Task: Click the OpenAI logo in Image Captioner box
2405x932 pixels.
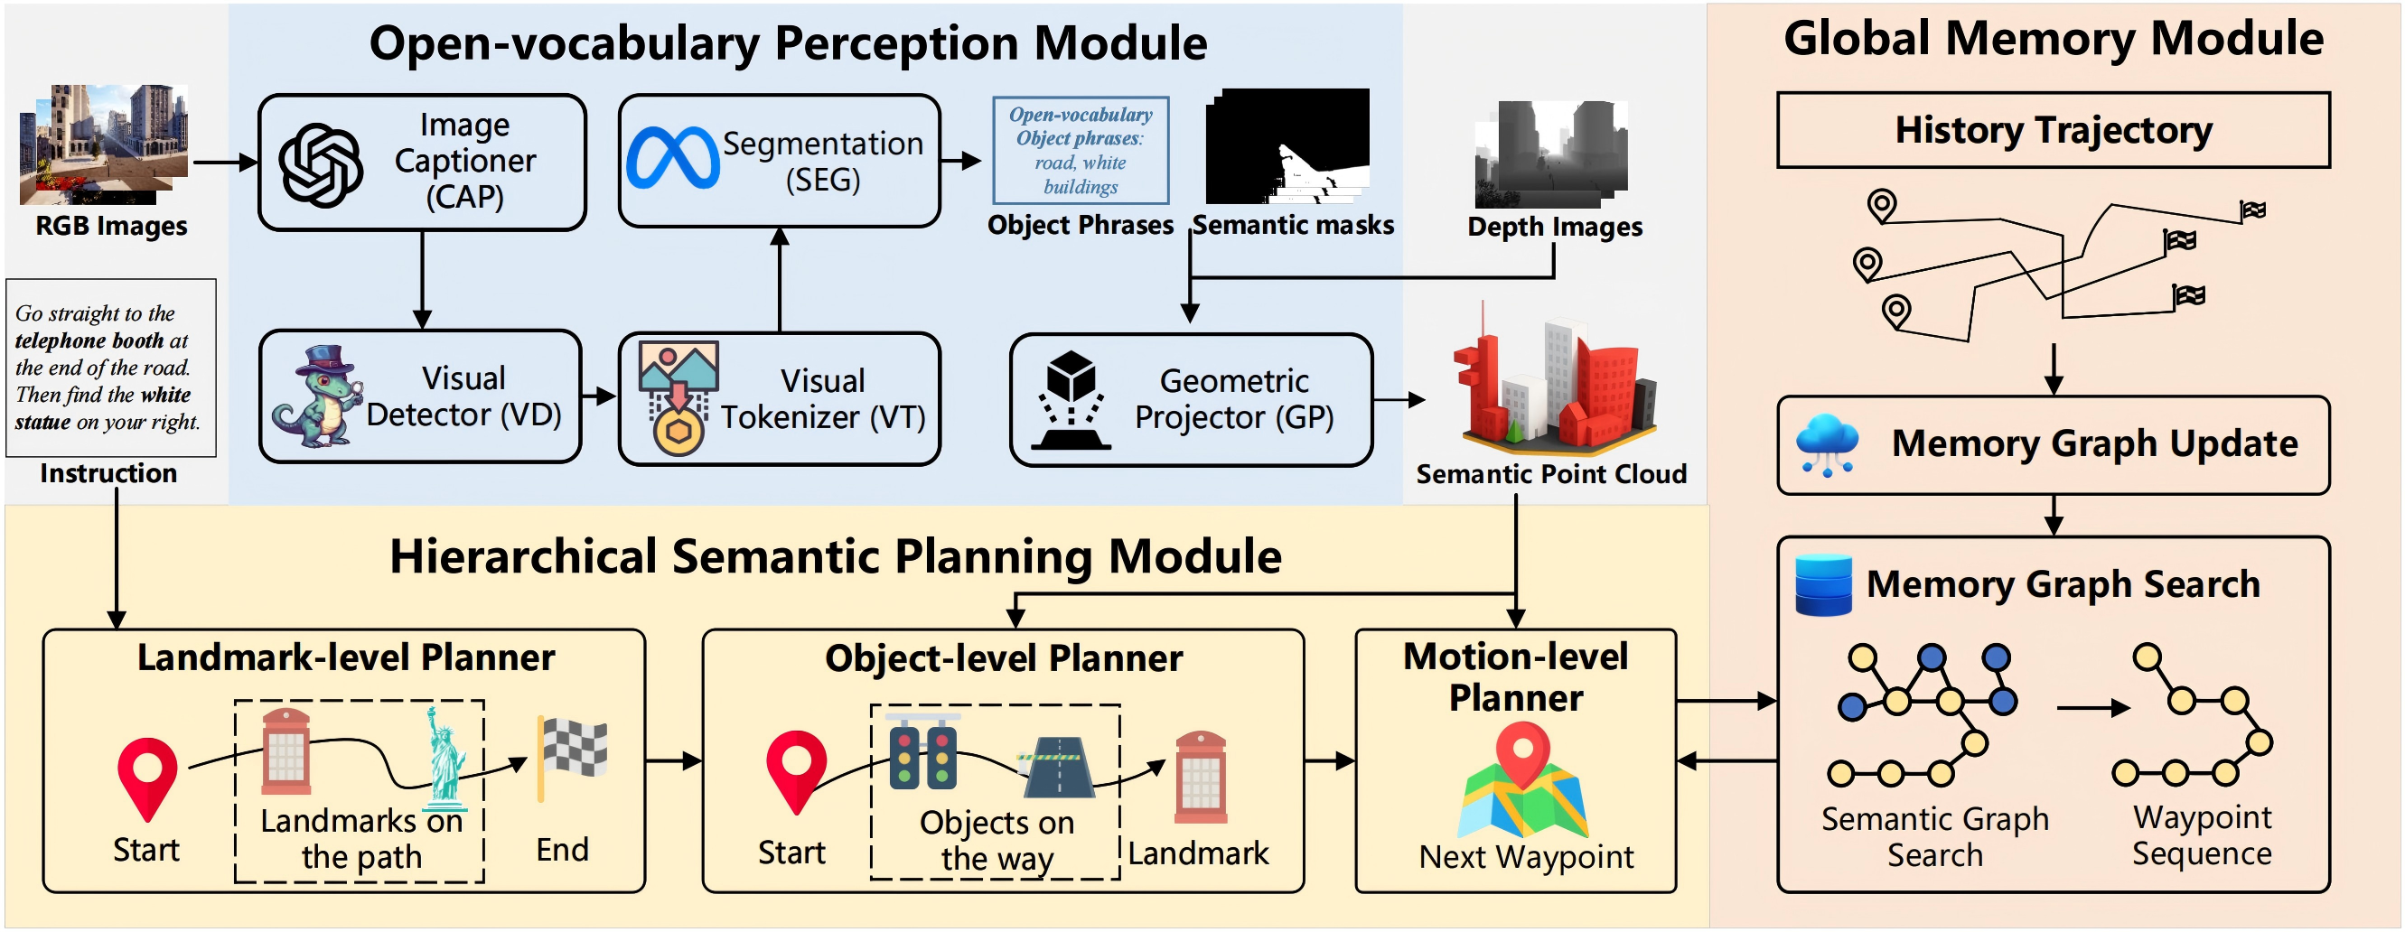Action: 320,165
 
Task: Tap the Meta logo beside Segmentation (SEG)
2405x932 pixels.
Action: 672,158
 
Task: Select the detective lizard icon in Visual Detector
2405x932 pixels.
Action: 317,396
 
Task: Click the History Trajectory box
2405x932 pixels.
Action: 2052,130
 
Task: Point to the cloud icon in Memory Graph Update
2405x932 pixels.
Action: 1826,444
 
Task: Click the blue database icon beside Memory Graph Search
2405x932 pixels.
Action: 1822,585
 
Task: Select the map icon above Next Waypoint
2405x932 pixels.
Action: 1522,784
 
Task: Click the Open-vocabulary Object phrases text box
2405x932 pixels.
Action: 1081,150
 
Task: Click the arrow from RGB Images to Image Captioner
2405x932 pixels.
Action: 224,163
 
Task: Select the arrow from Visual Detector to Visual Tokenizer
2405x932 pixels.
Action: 598,396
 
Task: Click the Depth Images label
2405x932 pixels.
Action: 1554,227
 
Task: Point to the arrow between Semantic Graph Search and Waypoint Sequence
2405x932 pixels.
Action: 2092,708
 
